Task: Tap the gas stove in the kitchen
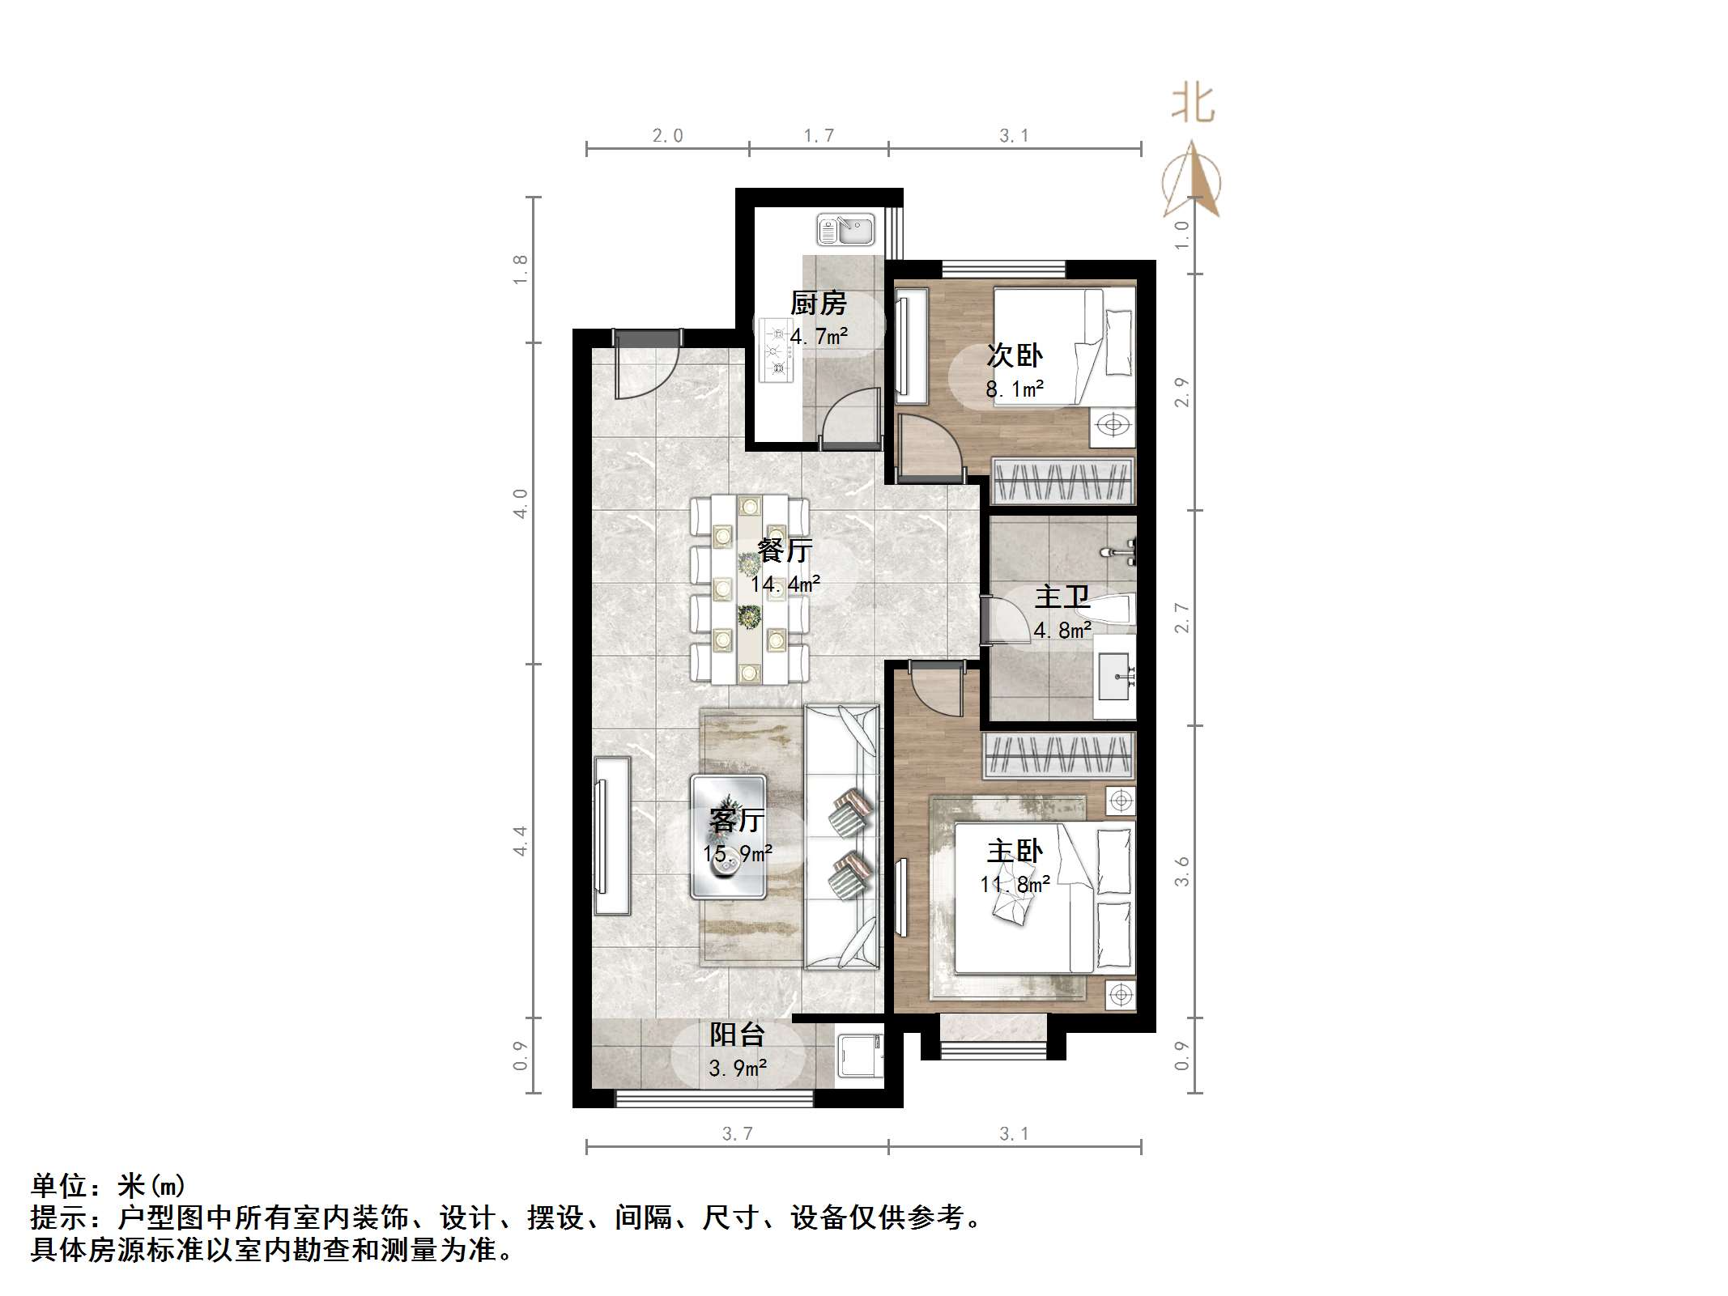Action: click(776, 351)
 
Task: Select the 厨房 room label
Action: click(818, 304)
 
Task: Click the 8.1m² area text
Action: click(1014, 389)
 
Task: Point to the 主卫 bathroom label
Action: click(1062, 597)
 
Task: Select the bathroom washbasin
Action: click(1117, 675)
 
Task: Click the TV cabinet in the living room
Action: click(612, 835)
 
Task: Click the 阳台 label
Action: click(737, 1035)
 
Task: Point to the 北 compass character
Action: click(1193, 104)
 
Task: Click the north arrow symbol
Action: click(1192, 180)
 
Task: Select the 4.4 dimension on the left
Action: click(520, 840)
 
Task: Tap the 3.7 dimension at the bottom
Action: click(737, 1134)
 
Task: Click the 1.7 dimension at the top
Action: click(818, 135)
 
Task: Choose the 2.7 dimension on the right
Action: click(1181, 618)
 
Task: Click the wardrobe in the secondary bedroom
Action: click(1062, 481)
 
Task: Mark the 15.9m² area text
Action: click(737, 853)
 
